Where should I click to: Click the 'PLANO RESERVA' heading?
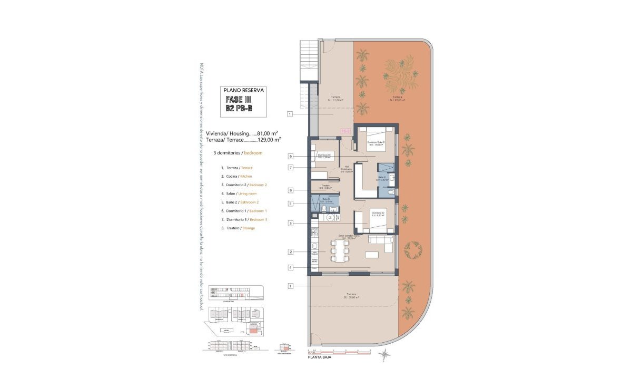click(243, 90)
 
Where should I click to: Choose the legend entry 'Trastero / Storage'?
click(240, 228)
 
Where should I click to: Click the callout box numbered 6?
click(290, 156)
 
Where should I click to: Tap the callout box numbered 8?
click(290, 190)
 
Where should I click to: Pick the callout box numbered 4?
click(290, 268)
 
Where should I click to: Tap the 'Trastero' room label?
click(325, 186)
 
